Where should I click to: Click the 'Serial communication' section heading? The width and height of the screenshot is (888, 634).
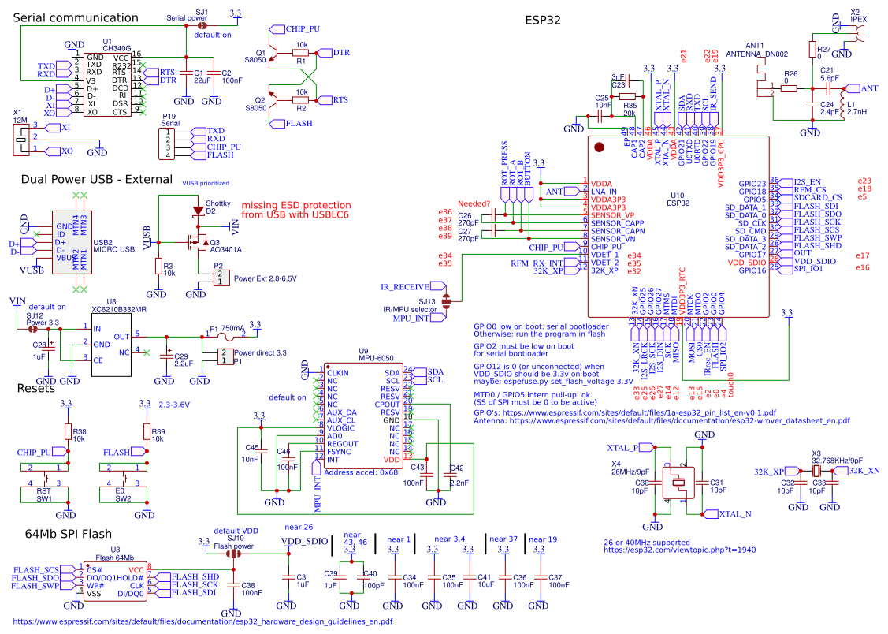coord(76,17)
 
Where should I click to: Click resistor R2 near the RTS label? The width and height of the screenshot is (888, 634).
coord(301,100)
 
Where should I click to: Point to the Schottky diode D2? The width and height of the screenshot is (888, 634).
coord(197,211)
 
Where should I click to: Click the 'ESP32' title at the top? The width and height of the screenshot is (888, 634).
coord(542,20)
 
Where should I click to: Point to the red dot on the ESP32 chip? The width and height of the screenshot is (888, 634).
coord(599,147)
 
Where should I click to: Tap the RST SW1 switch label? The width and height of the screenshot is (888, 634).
coord(44,494)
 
